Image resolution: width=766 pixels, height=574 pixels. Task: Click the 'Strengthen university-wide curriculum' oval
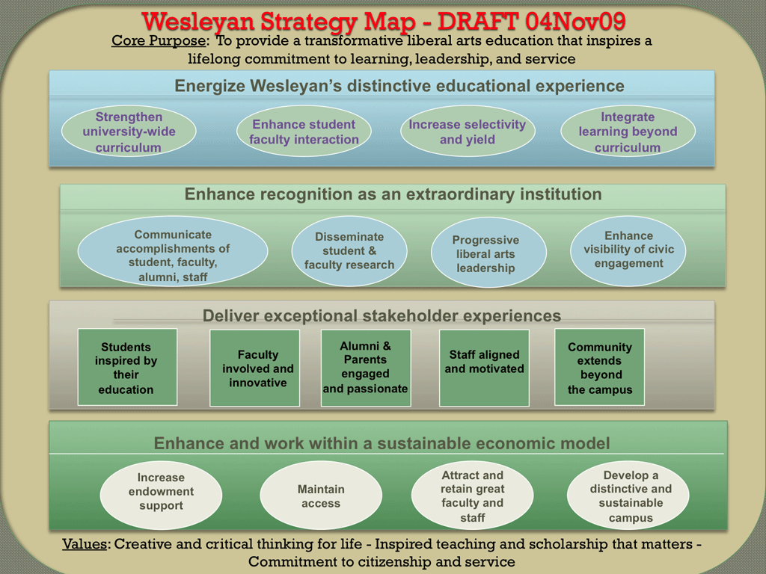tap(129, 132)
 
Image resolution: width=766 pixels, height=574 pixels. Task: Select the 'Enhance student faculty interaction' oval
tap(304, 132)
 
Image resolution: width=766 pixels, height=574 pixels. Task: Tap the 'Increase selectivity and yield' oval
tap(468, 132)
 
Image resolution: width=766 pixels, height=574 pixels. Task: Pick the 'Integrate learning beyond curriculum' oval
tap(628, 132)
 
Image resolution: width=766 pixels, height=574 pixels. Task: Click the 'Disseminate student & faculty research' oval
tap(349, 251)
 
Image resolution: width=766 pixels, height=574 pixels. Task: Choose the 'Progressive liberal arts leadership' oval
tap(488, 253)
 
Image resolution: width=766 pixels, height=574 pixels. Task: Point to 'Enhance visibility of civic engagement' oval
tap(628, 251)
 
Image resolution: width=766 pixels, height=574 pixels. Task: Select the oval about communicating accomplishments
tap(173, 251)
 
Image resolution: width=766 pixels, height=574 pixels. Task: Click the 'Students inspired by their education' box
tap(127, 367)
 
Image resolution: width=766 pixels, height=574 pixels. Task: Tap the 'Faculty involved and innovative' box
tap(254, 368)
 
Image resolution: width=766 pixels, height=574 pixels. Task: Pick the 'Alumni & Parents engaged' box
tap(366, 368)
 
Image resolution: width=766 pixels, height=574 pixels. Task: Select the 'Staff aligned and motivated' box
tap(484, 368)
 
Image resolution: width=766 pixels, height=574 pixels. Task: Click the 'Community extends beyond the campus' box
tap(599, 367)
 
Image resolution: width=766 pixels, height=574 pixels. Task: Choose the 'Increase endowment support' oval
tap(162, 495)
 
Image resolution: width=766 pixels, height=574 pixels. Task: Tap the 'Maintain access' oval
tap(321, 495)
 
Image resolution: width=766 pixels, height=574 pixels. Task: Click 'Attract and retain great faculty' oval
tap(473, 495)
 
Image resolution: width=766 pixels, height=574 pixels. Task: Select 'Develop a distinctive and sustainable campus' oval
tap(628, 495)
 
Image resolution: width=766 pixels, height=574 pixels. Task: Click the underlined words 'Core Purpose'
tap(159, 40)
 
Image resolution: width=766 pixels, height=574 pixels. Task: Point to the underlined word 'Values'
tap(85, 544)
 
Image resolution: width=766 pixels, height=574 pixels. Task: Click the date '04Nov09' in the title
tap(576, 21)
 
